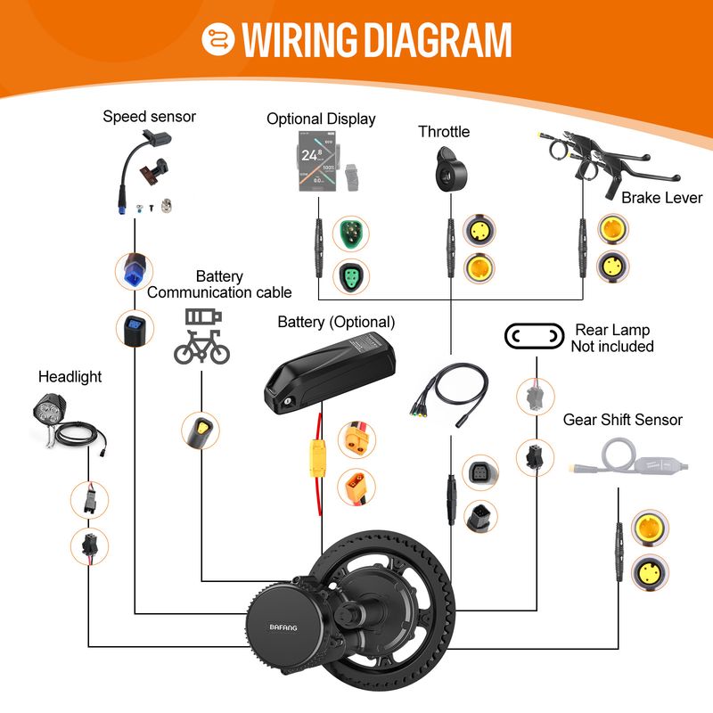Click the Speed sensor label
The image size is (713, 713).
pyautogui.click(x=149, y=116)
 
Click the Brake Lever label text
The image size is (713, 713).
pyautogui.click(x=661, y=197)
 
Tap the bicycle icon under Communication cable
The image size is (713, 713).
pyautogui.click(x=201, y=347)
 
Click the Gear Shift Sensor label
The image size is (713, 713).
pyautogui.click(x=623, y=420)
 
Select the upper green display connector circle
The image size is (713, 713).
pyautogui.click(x=348, y=235)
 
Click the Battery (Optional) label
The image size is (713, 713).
pyautogui.click(x=336, y=322)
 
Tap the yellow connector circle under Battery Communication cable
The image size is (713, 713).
pyautogui.click(x=201, y=430)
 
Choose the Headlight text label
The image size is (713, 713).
pyautogui.click(x=70, y=377)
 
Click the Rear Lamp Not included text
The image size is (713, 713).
pyautogui.click(x=612, y=338)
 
